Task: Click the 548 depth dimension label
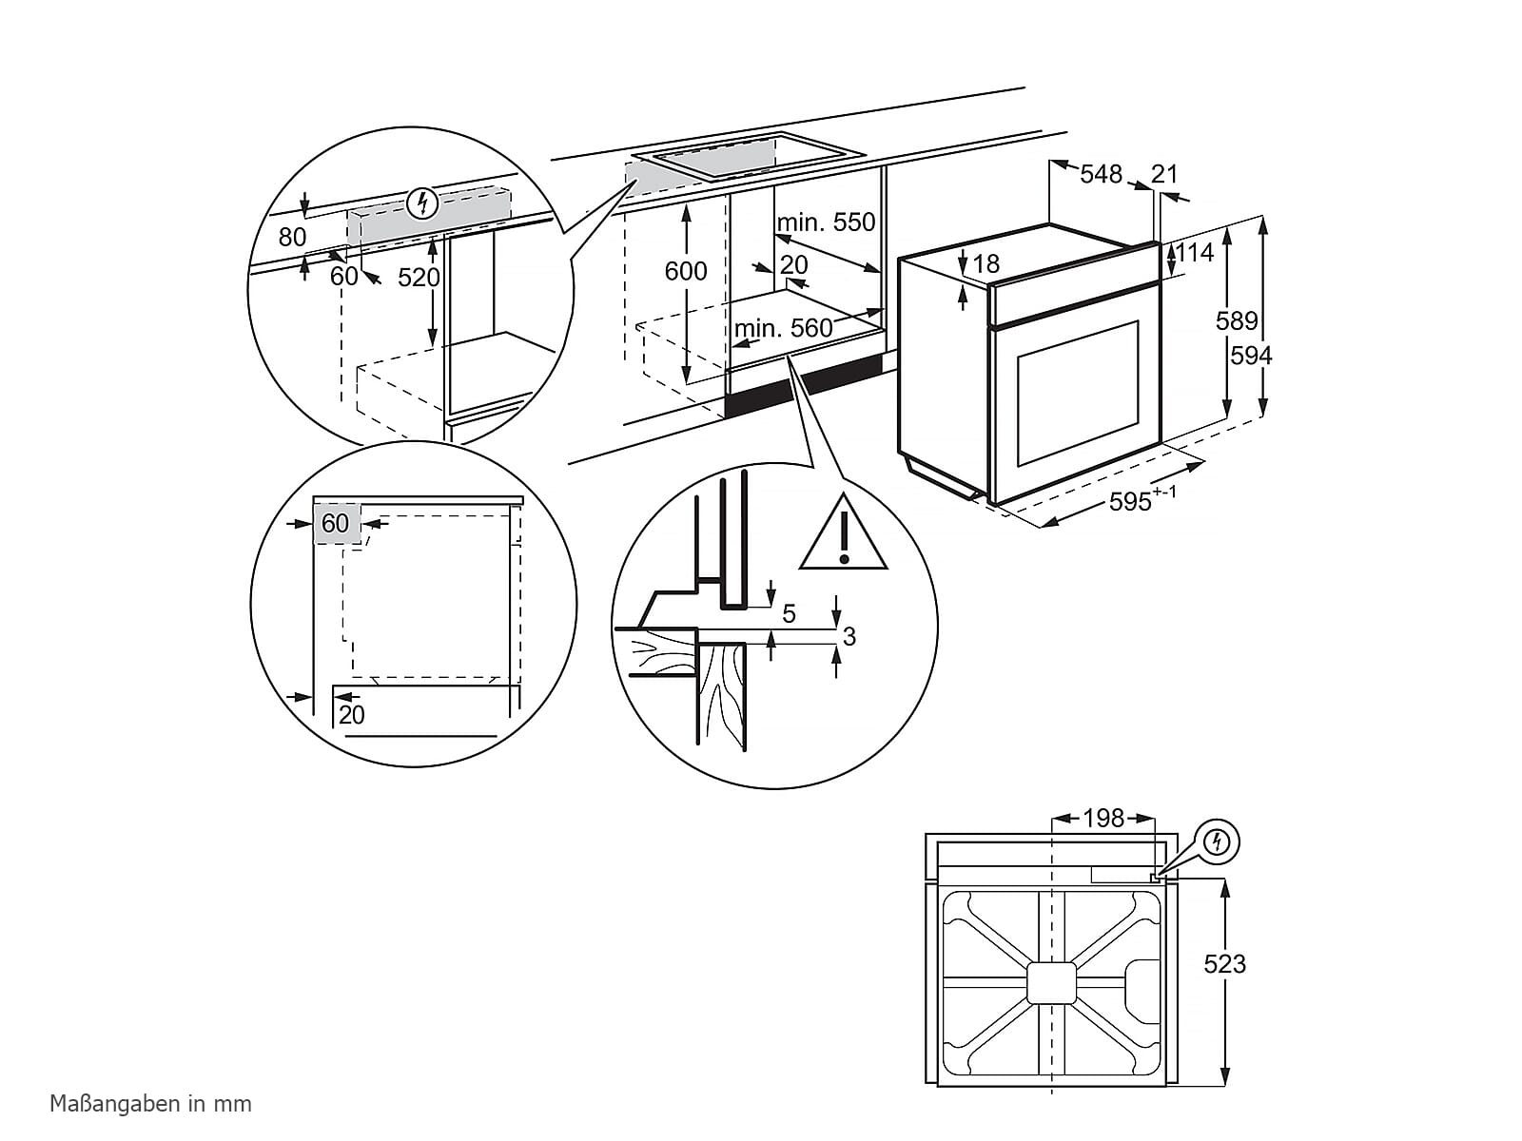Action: (x=1101, y=174)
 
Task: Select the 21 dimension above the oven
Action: (x=1164, y=174)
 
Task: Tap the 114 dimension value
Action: (x=1196, y=252)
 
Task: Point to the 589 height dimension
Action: (x=1237, y=321)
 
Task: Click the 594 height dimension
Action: (x=1251, y=356)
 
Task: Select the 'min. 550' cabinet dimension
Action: (x=826, y=222)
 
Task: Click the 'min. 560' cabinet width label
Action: (x=784, y=329)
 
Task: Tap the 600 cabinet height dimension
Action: (x=685, y=272)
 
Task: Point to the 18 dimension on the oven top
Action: (x=987, y=263)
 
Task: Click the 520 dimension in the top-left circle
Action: (x=419, y=277)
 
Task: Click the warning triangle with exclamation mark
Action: (x=843, y=535)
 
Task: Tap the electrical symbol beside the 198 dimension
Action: (x=1217, y=841)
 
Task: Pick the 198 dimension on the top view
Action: (x=1103, y=818)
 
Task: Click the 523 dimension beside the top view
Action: (x=1224, y=964)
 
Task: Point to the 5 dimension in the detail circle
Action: (x=789, y=614)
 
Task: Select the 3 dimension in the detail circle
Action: (x=849, y=636)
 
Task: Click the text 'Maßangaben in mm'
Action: (x=150, y=1104)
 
